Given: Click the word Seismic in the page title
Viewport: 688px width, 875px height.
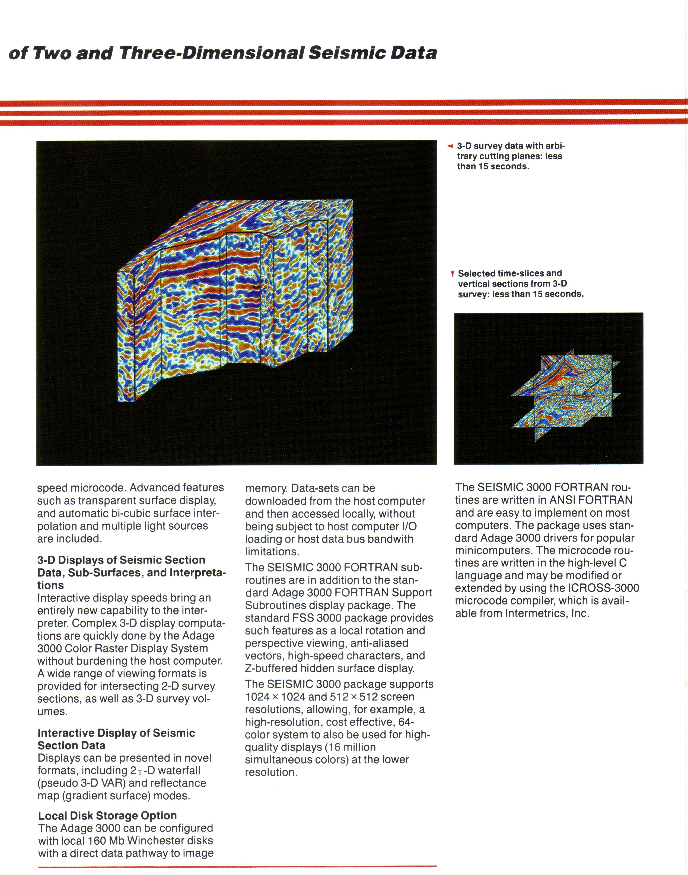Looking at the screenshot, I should [347, 53].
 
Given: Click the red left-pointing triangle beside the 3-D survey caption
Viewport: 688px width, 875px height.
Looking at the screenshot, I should [450, 146].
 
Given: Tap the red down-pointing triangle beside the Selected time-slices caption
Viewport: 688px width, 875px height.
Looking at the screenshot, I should [453, 274].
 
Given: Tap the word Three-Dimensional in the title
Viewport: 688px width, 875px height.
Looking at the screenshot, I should [211, 53].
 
